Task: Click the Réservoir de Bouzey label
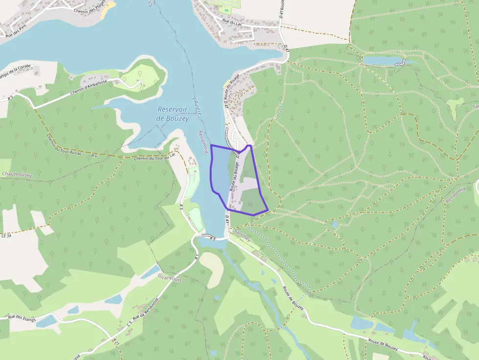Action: pos(174,114)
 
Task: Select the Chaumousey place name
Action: pos(17,174)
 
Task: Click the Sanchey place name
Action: pos(242,235)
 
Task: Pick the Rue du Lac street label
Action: pos(232,22)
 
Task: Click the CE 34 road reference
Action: pos(6,235)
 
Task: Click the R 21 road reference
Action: pos(115,341)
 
